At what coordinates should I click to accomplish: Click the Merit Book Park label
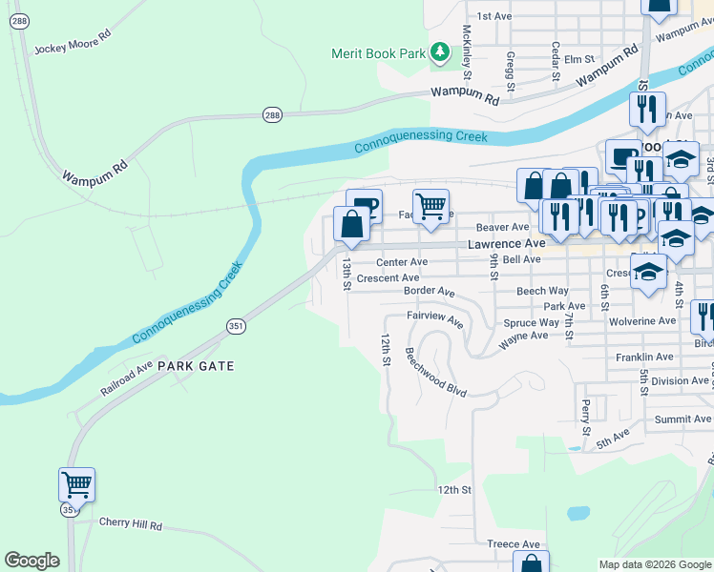378,53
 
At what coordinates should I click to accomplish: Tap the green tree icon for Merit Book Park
439,51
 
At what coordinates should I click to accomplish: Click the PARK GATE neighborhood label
196,365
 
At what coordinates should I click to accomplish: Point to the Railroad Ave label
126,378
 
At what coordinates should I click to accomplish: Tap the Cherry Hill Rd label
131,524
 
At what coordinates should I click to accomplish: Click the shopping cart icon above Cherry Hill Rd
76,483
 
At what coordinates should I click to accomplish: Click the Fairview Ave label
434,318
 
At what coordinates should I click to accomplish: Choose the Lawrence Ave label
506,244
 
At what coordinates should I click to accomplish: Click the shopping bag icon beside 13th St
352,225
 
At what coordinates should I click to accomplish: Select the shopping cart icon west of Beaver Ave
431,206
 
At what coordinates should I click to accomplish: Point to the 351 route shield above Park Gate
236,326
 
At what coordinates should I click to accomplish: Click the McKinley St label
467,53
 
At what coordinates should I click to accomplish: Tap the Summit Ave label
682,419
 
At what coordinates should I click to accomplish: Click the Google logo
32,561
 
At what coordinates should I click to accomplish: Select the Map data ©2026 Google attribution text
654,564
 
